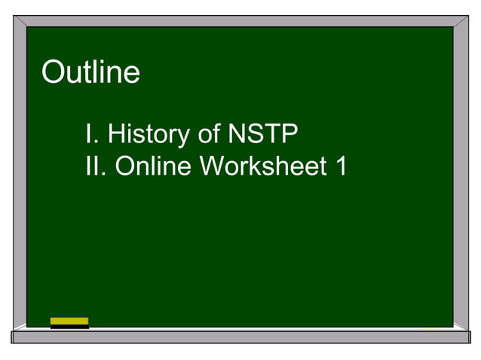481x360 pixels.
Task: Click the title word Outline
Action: click(90, 72)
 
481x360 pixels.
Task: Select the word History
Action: click(146, 134)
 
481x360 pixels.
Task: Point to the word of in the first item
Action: click(204, 134)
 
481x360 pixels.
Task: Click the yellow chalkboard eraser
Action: click(69, 322)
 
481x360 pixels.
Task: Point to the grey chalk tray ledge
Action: click(240, 337)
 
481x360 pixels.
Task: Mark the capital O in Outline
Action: click(52, 72)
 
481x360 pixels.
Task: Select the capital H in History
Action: click(115, 134)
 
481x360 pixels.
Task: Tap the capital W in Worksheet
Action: click(212, 166)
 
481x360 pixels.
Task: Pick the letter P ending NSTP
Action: click(290, 134)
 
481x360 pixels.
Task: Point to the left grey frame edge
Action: click(19, 173)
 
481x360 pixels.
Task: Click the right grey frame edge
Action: click(461, 173)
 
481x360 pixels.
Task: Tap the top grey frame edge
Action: click(240, 21)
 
